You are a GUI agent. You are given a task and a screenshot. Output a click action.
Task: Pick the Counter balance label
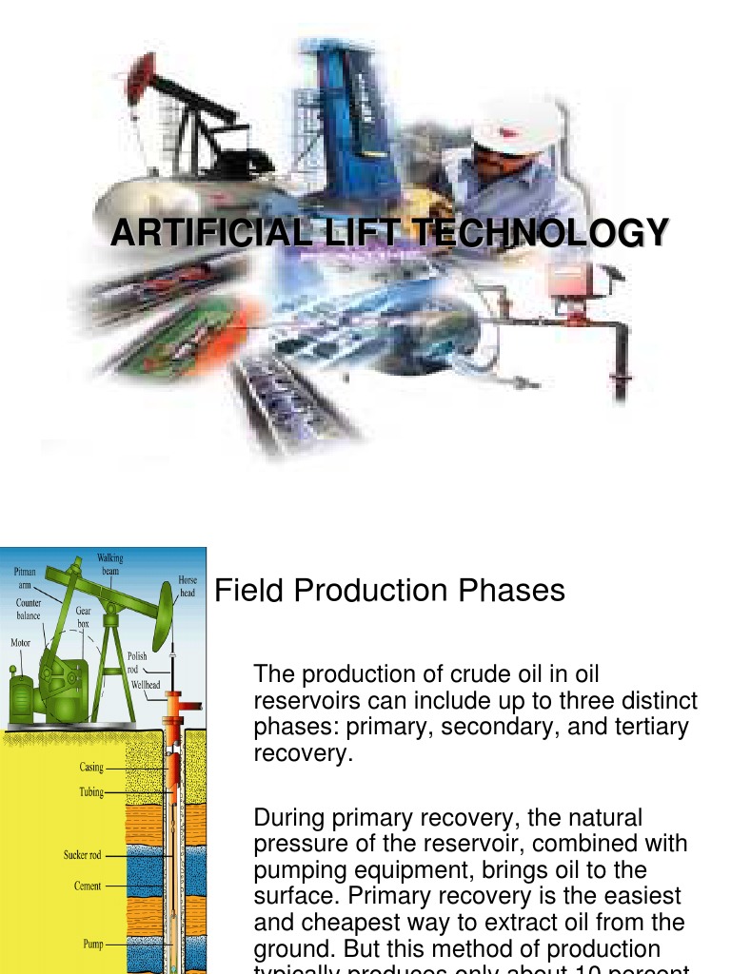click(x=29, y=609)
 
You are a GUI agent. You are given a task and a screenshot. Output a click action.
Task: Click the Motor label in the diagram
click(x=20, y=643)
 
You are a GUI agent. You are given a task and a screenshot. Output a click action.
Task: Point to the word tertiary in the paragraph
click(x=658, y=728)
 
